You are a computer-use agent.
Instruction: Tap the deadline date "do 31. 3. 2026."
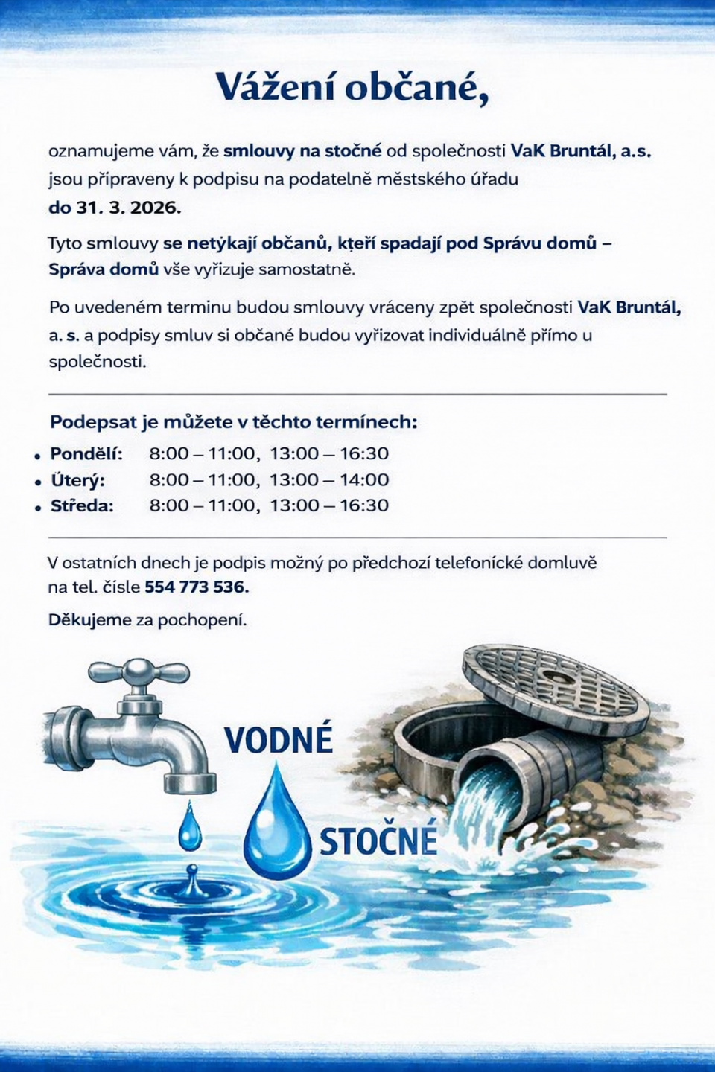(x=115, y=208)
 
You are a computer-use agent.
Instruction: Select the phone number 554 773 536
(x=196, y=587)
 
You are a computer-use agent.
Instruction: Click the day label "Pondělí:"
(x=86, y=453)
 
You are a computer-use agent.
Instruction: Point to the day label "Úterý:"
(x=77, y=480)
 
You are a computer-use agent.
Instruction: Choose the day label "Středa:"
(x=82, y=506)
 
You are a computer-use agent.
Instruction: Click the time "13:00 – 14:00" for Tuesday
(x=329, y=480)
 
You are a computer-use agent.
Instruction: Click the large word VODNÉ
(x=279, y=740)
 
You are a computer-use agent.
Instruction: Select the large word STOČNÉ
(x=378, y=840)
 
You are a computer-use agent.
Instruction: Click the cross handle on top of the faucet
(x=139, y=672)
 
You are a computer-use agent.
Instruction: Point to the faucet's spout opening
(x=190, y=785)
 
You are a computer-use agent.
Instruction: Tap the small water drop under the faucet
(x=190, y=828)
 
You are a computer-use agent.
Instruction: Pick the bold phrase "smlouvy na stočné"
(x=302, y=151)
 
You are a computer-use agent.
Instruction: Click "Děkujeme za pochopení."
(x=147, y=619)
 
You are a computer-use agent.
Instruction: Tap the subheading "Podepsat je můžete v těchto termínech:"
(x=233, y=422)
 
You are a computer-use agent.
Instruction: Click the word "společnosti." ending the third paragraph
(x=97, y=362)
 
